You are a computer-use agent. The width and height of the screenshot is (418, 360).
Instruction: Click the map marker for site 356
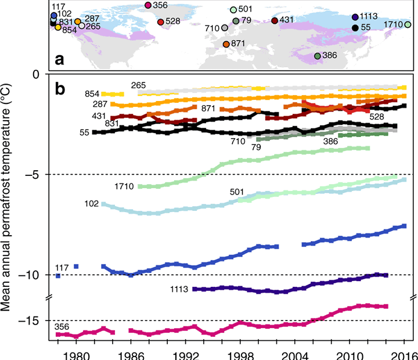click(148, 5)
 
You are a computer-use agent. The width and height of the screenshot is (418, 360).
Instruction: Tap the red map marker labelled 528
click(160, 22)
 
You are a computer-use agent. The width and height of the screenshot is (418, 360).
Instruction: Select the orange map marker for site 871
click(226, 44)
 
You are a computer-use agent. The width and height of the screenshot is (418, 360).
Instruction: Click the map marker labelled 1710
click(408, 24)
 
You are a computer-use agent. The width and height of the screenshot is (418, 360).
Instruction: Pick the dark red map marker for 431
click(275, 21)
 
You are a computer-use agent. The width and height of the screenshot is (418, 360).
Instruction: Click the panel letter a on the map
click(59, 59)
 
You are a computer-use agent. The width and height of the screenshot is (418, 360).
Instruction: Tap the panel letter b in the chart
click(60, 89)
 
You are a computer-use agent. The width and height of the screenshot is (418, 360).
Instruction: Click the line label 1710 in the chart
click(125, 186)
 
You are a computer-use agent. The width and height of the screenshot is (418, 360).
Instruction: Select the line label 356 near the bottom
click(62, 327)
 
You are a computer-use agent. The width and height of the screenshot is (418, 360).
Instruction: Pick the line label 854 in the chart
click(92, 94)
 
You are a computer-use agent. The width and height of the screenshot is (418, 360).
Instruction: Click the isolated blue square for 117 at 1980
click(76, 266)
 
